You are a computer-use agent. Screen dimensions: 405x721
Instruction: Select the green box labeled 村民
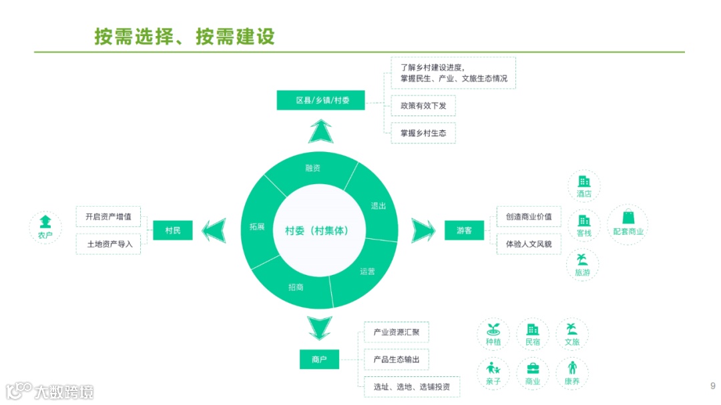point(172,230)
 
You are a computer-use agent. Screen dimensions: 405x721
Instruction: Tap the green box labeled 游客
point(464,230)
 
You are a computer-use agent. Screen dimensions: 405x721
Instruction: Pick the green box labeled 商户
point(319,360)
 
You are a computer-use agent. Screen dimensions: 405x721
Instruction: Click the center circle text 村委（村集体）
point(316,230)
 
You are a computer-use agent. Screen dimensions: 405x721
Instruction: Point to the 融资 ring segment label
point(313,168)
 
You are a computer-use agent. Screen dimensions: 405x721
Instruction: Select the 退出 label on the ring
point(379,206)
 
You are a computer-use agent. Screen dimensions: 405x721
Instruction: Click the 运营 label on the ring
point(367,272)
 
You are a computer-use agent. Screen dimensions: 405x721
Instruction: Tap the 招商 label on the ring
point(296,287)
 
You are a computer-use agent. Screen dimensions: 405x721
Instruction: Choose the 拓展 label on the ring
point(257,227)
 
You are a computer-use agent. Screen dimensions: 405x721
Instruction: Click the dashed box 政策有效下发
point(423,106)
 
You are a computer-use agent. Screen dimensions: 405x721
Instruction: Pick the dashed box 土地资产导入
point(109,244)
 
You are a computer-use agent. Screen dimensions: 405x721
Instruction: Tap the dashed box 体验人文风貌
point(529,244)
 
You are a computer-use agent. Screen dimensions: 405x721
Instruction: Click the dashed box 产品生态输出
point(397,360)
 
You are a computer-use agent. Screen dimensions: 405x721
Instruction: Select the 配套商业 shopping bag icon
point(628,223)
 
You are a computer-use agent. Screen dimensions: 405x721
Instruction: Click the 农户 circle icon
point(45,228)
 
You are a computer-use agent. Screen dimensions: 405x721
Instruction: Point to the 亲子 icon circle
point(493,373)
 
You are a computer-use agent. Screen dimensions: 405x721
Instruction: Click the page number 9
point(712,386)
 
